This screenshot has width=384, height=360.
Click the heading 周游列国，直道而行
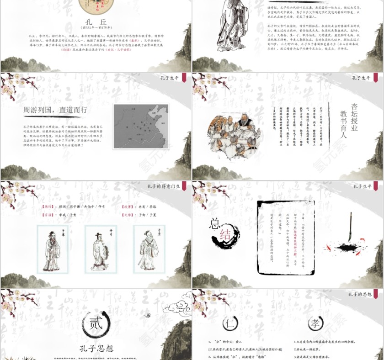[55, 110]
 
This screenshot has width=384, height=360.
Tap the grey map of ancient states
[141, 126]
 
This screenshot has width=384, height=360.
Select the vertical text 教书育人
[343, 124]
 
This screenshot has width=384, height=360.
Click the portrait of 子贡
[149, 249]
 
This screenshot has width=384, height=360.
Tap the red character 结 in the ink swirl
[225, 235]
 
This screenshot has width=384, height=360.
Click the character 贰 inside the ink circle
[96, 324]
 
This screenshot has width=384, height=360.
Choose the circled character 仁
[230, 323]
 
